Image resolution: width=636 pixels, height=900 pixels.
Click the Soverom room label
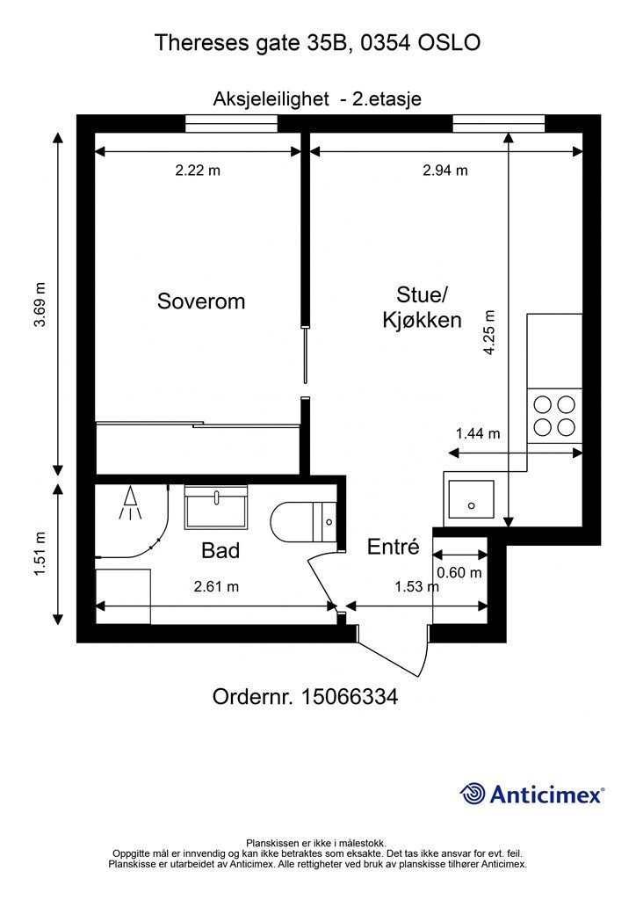(201, 301)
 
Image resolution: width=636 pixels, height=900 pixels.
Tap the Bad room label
(220, 551)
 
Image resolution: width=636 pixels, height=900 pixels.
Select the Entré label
(394, 547)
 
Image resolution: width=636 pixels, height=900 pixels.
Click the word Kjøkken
(422, 320)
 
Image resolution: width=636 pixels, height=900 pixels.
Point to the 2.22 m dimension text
(198, 171)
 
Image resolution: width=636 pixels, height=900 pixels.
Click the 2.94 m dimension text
(445, 171)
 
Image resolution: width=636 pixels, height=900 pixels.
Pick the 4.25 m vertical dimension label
(489, 332)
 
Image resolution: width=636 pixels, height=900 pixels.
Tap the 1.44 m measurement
(478, 433)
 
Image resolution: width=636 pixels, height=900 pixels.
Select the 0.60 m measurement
(459, 573)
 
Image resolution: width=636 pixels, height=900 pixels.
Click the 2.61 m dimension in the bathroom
(216, 586)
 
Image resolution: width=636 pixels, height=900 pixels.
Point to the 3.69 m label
(40, 305)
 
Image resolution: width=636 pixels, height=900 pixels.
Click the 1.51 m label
(40, 554)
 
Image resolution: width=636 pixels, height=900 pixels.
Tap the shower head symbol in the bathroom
(131, 504)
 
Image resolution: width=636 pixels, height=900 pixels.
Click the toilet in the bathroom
(304, 522)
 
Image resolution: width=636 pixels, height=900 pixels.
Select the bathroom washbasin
(215, 507)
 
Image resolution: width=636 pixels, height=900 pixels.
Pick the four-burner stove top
(554, 416)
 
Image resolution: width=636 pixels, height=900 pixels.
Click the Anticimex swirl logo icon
(472, 794)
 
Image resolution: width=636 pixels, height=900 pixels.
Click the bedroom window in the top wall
(231, 123)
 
